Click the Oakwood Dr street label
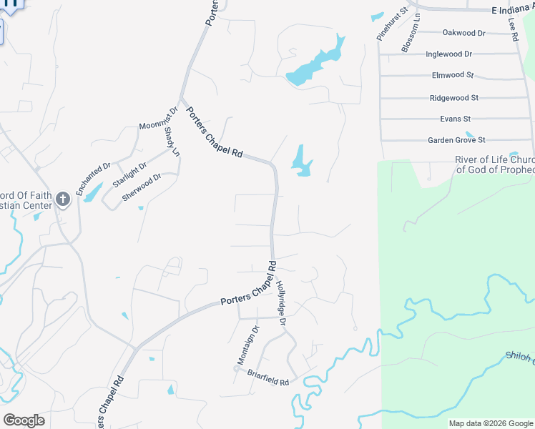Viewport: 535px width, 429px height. (x=463, y=33)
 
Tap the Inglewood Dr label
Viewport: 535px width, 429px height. (x=448, y=54)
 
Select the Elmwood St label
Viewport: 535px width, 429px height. (x=453, y=75)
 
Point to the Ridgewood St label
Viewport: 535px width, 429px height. (x=453, y=98)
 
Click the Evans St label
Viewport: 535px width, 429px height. (x=455, y=119)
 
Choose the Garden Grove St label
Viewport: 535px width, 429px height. (x=456, y=140)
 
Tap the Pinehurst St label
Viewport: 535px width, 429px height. (x=391, y=24)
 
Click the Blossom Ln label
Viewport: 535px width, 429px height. (x=410, y=37)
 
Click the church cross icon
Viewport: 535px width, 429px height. (x=63, y=199)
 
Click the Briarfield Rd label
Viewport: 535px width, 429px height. (x=267, y=377)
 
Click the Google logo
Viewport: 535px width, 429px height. (x=24, y=420)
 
